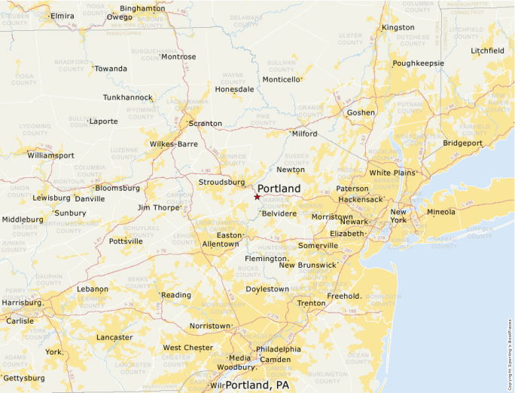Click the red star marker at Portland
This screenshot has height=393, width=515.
[257, 197]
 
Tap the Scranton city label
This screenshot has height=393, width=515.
[206, 123]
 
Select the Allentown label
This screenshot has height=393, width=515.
[221, 244]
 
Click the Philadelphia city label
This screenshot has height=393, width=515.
[279, 349]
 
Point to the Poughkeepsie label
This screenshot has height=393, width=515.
[418, 63]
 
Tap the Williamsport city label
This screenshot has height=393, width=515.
[50, 155]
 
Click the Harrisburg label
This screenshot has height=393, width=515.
[22, 302]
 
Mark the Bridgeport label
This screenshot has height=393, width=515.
[462, 143]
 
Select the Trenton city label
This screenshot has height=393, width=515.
[311, 303]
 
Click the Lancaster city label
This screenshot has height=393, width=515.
[114, 337]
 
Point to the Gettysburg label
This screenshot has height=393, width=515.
[24, 378]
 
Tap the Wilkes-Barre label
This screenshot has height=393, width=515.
[173, 143]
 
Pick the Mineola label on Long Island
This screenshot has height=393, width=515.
[441, 212]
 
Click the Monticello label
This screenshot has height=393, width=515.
[281, 79]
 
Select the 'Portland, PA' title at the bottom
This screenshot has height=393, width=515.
[257, 385]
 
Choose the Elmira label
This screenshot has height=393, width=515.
[62, 15]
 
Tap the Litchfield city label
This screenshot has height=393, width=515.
[488, 51]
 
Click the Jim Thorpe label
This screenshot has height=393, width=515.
[157, 207]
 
